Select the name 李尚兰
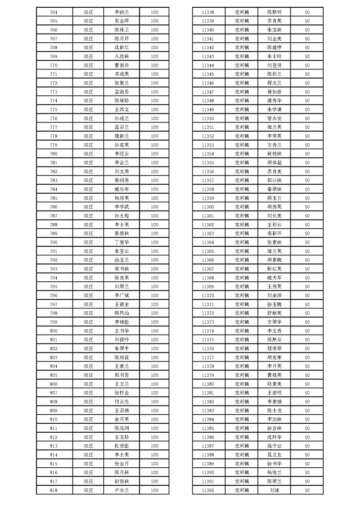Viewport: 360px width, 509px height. pyautogui.click(x=122, y=12)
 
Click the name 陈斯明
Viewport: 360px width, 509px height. pyautogui.click(x=274, y=12)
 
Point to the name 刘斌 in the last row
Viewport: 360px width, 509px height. pyautogui.click(x=274, y=490)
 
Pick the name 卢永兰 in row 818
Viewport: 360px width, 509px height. pyautogui.click(x=122, y=490)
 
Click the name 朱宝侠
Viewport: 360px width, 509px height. pyautogui.click(x=274, y=29)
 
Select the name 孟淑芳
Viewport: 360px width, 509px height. pyautogui.click(x=122, y=92)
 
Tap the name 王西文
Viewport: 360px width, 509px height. pyautogui.click(x=122, y=109)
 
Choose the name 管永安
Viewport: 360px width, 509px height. pyautogui.click(x=274, y=118)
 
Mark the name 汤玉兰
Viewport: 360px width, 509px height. pyautogui.click(x=122, y=260)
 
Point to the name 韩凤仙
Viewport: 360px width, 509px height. pyautogui.click(x=122, y=313)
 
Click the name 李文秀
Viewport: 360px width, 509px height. pyautogui.click(x=274, y=331)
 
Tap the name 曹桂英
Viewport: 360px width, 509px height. pyautogui.click(x=274, y=375)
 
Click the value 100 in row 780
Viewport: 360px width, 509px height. pyautogui.click(x=154, y=154)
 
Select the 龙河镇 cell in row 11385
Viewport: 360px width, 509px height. pyautogui.click(x=242, y=428)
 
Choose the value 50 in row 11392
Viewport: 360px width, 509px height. pyautogui.click(x=307, y=490)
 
